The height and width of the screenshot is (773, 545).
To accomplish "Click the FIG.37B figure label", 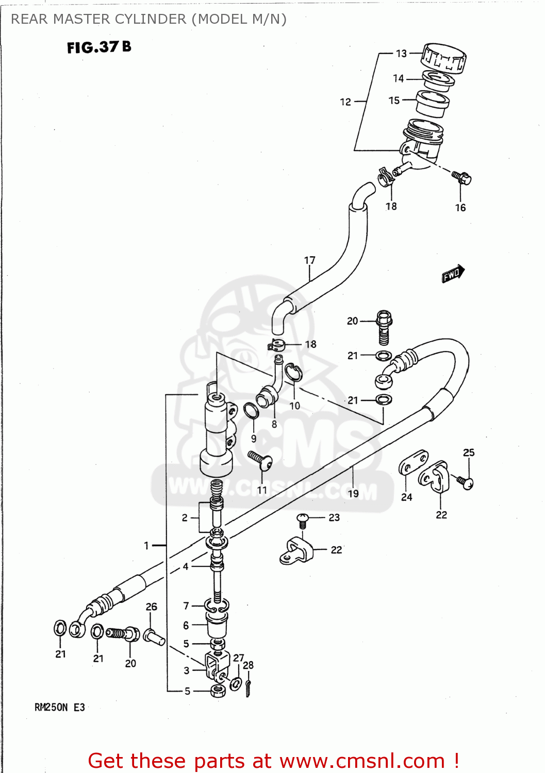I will click(99, 47).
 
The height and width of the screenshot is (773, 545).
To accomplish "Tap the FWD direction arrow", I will click(453, 274).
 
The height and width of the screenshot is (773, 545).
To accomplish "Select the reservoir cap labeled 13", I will click(443, 58).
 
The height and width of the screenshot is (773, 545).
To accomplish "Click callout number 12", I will click(345, 102).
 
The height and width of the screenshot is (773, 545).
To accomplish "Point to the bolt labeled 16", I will click(461, 178).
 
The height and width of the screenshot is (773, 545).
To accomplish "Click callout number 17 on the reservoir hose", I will click(309, 260).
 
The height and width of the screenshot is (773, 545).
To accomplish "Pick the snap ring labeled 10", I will click(293, 373).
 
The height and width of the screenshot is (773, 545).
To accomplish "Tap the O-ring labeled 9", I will click(251, 411).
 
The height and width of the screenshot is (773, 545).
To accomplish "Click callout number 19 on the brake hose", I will click(353, 493).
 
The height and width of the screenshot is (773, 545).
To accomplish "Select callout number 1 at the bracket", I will click(146, 545).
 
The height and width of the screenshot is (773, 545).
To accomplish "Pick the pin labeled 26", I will click(155, 637).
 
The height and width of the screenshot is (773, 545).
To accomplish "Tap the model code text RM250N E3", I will click(59, 708).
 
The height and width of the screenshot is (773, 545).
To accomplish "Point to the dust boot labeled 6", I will click(217, 625).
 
